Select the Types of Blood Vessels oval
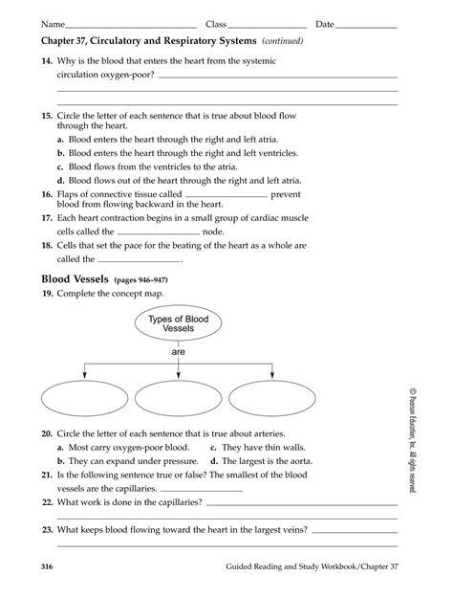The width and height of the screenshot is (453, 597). [x=178, y=323]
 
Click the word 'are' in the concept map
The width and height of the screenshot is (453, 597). [x=178, y=351]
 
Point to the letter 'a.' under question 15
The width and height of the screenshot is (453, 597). [x=61, y=139]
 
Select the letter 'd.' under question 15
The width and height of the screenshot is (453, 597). [x=61, y=179]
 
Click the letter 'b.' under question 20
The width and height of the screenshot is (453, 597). [x=61, y=433]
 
